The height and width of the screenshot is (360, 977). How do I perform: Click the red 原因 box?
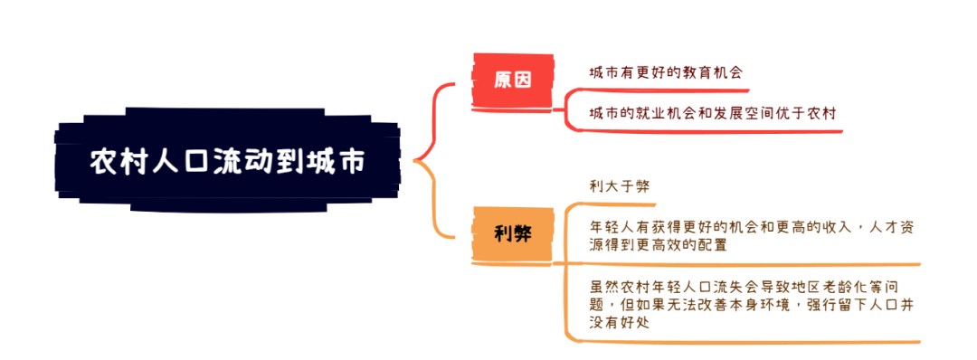(512, 80)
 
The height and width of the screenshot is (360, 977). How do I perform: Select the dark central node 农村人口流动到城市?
(227, 161)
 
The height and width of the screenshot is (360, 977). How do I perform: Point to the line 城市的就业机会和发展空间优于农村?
(712, 114)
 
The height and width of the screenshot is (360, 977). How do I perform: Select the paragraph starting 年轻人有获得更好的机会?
(751, 235)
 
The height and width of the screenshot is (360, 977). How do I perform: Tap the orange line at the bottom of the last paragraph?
(742, 342)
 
